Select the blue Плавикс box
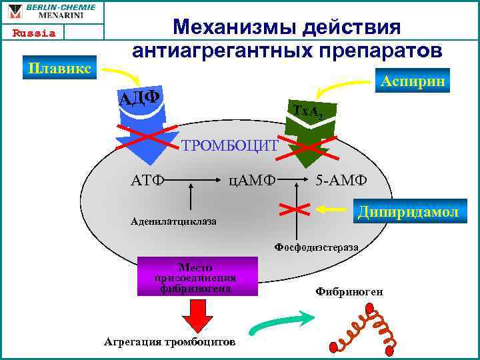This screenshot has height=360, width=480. pyautogui.click(x=60, y=67)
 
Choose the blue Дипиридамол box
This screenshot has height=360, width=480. pyautogui.click(x=408, y=211)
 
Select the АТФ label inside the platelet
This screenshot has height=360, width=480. pyautogui.click(x=148, y=180)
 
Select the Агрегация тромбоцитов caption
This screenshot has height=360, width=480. pyautogui.click(x=169, y=341)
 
